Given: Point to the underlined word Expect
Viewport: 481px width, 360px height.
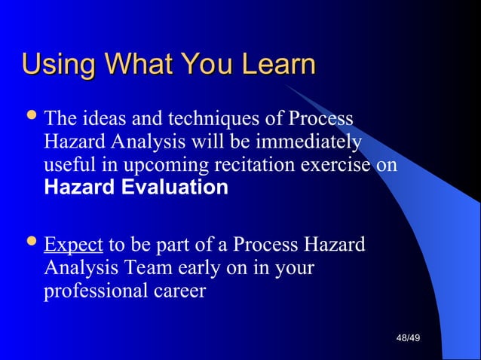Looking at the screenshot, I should [x=73, y=246].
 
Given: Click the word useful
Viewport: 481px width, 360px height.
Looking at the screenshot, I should [x=66, y=165].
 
